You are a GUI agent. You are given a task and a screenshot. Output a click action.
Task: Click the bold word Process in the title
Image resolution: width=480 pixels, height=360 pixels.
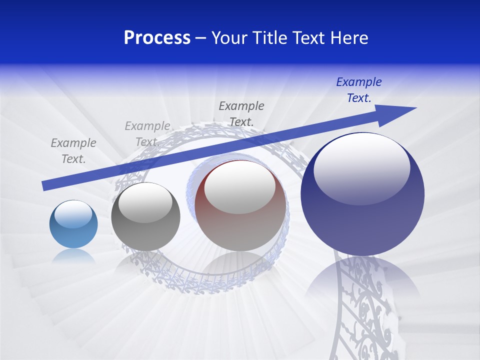[157, 38]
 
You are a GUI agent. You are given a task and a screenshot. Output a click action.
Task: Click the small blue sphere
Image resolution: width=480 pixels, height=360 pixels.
[73, 224]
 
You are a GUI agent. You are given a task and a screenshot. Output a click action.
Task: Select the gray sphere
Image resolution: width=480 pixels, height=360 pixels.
[145, 217]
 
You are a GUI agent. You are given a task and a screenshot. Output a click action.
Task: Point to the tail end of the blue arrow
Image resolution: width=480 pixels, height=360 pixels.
[45, 186]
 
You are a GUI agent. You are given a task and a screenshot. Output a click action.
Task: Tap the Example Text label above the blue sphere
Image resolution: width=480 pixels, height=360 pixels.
[73, 151]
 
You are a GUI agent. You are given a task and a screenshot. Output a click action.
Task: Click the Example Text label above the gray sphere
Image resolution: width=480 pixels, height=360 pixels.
[147, 134]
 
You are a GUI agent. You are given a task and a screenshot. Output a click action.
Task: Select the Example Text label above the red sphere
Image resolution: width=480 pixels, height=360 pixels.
[241, 113]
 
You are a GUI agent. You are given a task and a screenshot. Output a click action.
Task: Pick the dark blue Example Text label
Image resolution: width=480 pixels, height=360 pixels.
[359, 90]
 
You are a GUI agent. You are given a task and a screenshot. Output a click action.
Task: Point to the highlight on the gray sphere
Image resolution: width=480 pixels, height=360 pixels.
[145, 202]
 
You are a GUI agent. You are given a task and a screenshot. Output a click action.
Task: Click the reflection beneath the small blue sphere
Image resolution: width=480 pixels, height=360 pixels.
[73, 256]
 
